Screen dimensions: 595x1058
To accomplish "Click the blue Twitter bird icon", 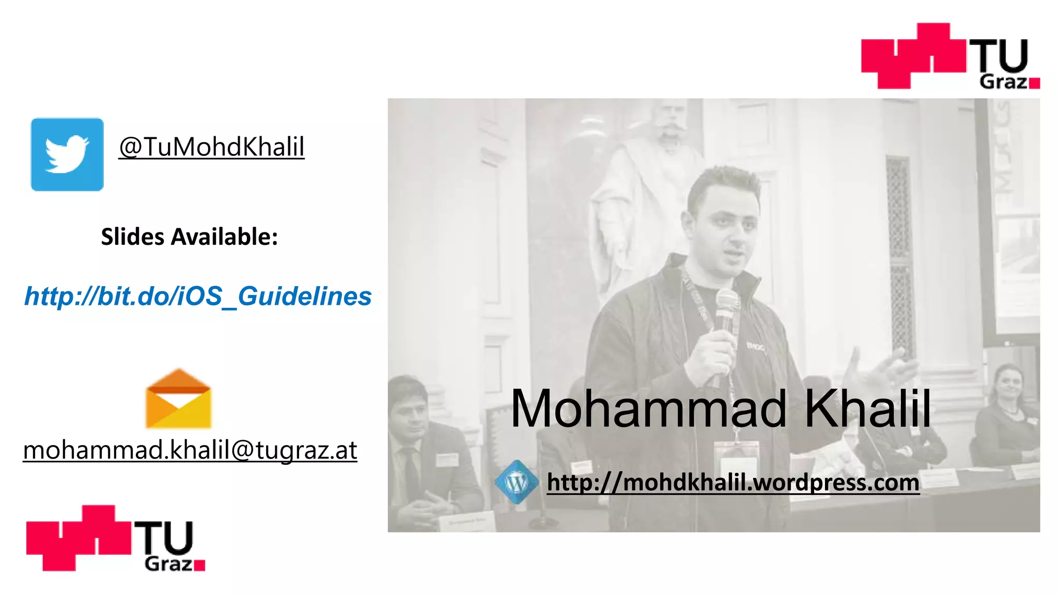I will coord(67,154).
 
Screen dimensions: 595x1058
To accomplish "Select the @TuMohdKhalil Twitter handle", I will coord(211,147).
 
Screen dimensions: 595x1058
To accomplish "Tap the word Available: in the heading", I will coord(225,237).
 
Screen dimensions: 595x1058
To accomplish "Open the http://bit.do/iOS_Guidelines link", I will coord(198,296).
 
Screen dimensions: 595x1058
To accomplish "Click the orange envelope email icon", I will coord(178,399).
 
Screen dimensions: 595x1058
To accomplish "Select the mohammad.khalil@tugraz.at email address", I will coord(190,450).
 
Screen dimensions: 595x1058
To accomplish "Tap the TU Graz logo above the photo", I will coord(950,56).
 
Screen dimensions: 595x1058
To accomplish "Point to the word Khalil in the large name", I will coord(867,409).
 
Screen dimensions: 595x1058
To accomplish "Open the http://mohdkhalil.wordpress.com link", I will coord(733,483).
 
